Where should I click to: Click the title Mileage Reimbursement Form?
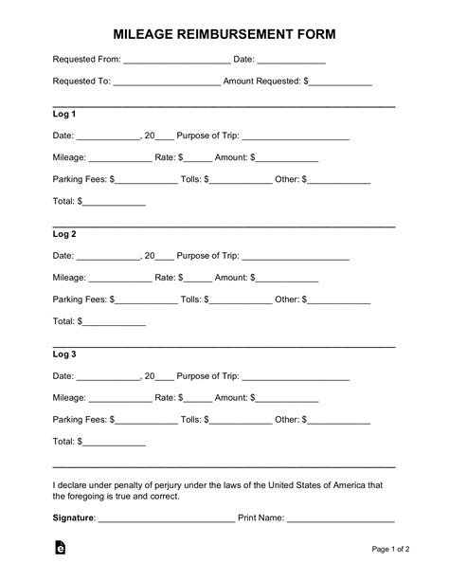click(224, 34)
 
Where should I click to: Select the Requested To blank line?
click(167, 83)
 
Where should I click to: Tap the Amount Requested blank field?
click(340, 83)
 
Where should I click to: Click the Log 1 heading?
click(64, 114)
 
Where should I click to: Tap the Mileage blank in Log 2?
click(119, 280)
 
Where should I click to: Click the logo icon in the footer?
click(60, 549)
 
